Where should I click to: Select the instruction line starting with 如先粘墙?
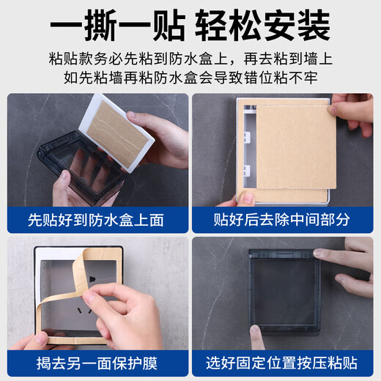(190, 79)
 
